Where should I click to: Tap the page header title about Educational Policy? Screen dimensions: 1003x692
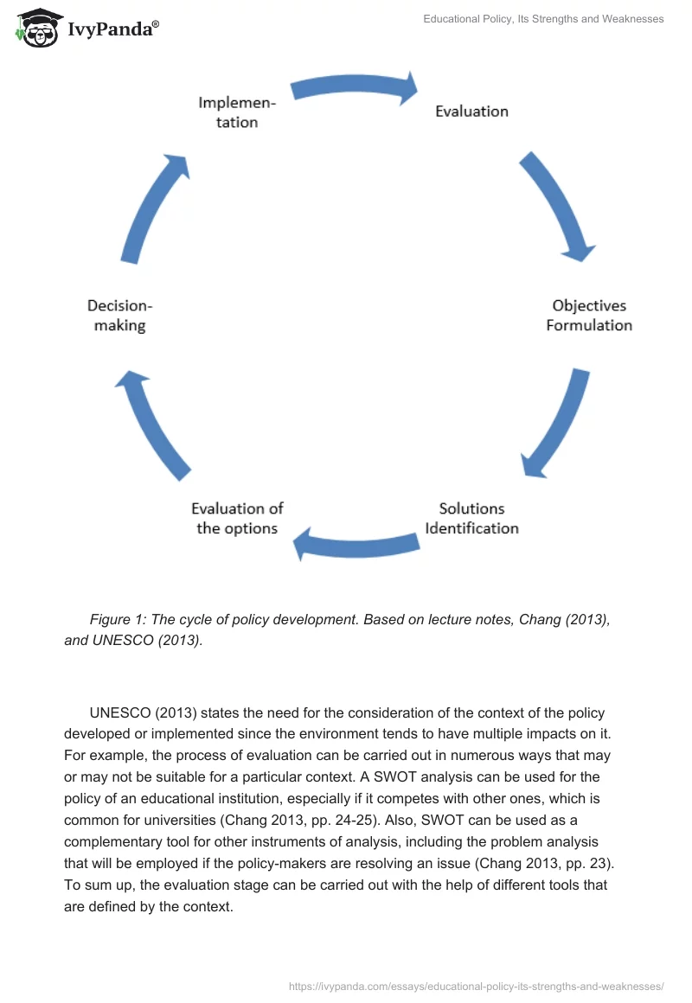543,19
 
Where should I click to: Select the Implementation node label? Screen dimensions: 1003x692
237,112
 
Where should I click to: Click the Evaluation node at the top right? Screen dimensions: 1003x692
471,111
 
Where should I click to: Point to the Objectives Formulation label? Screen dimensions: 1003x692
589,316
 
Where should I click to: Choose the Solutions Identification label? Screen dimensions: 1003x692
471,518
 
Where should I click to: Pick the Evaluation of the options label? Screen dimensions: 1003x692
237,518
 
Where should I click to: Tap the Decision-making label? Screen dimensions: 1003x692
120,316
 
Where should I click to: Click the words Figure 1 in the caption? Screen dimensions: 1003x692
117,619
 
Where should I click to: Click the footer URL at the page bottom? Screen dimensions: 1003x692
475,986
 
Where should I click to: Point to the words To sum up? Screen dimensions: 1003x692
94,885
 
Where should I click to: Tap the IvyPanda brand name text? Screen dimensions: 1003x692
112,29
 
